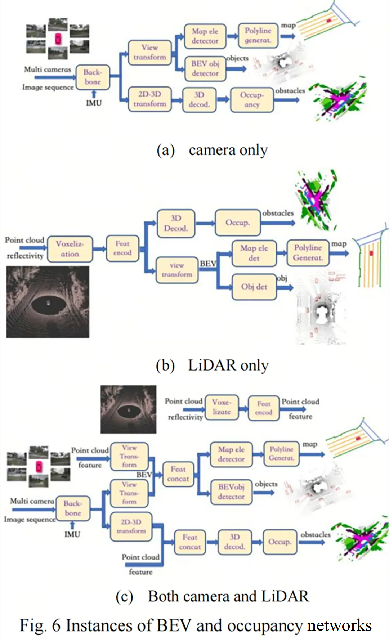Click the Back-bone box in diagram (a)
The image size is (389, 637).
coord(93,77)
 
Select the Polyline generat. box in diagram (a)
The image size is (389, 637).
coord(258,35)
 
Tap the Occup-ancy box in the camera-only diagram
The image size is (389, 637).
coord(252,100)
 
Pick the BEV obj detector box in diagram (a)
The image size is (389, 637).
coord(205,68)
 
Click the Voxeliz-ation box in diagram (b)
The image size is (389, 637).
coord(70,249)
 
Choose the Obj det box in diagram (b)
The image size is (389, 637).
coord(254,287)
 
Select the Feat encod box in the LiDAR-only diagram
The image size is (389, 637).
coord(122,248)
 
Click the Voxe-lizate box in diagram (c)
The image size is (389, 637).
coord(222,407)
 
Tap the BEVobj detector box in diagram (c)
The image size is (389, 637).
coord(231,492)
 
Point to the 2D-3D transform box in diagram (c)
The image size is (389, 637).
coord(131,526)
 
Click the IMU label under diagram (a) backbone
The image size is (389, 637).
coord(94,103)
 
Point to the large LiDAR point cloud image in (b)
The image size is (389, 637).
coord(48,302)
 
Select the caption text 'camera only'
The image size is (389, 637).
coord(228,150)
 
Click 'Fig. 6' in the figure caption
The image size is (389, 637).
coord(40,625)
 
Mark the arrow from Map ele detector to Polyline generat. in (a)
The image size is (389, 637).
coord(232,36)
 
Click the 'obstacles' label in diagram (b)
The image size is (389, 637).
coord(278,213)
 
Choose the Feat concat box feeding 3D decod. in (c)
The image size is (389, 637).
coord(190,542)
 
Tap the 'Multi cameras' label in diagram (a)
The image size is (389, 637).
coord(48,69)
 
